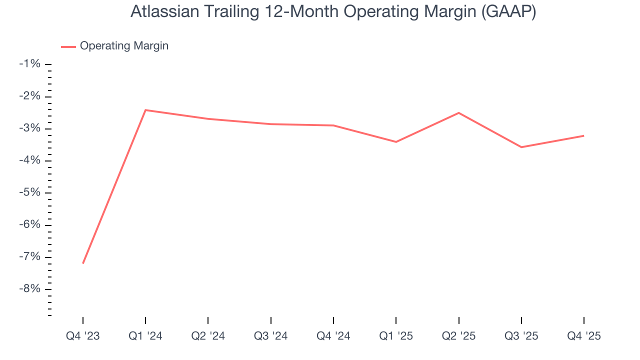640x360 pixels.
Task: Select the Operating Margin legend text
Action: [x=124, y=46]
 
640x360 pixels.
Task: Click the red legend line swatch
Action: [x=68, y=46]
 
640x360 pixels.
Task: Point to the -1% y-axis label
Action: [x=29, y=64]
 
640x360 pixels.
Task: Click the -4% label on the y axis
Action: [x=29, y=160]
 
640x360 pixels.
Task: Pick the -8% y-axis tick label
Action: [x=29, y=289]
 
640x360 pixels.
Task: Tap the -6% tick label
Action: [x=29, y=225]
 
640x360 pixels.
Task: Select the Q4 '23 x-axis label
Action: [x=83, y=336]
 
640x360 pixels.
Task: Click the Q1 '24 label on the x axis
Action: [x=145, y=336]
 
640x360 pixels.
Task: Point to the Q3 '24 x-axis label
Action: [x=270, y=336]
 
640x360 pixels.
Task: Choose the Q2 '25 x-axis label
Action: [x=458, y=336]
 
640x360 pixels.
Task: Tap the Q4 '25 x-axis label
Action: [x=583, y=336]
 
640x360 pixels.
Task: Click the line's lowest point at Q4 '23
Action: [x=83, y=263]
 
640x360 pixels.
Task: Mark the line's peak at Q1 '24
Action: [x=145, y=110]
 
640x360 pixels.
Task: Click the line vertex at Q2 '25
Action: [x=458, y=113]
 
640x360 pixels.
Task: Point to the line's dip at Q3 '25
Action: [x=521, y=147]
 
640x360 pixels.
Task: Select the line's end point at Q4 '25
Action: [x=583, y=135]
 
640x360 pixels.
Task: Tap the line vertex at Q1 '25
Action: [x=396, y=142]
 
